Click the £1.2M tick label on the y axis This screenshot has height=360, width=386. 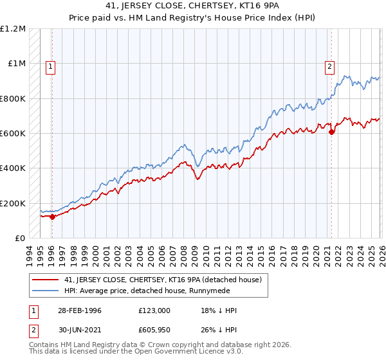(x=14, y=29)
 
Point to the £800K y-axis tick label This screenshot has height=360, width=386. (x=14, y=98)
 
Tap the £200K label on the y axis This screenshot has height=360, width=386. (x=14, y=203)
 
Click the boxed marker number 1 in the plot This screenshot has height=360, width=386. (x=50, y=65)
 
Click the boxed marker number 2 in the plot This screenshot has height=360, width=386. (x=329, y=65)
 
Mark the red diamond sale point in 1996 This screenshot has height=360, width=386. (x=53, y=217)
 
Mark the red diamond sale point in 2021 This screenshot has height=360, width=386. (x=332, y=132)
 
